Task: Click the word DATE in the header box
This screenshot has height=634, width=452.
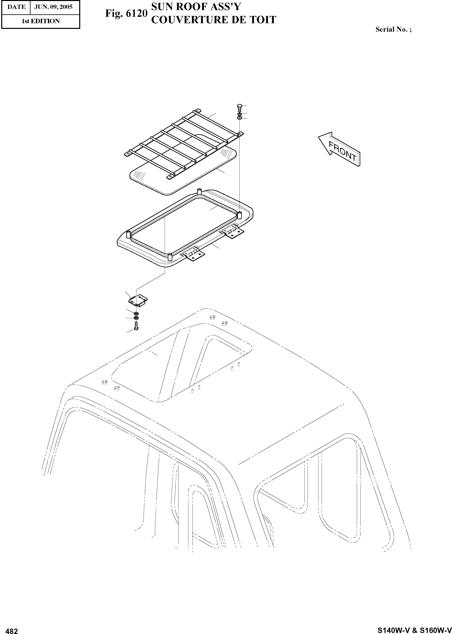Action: pos(16,7)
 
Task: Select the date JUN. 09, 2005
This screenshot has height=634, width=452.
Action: pos(53,7)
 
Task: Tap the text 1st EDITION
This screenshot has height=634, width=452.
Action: pos(41,21)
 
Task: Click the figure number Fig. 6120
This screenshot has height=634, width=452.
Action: pos(126,13)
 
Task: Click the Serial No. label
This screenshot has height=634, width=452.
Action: pos(393,29)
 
